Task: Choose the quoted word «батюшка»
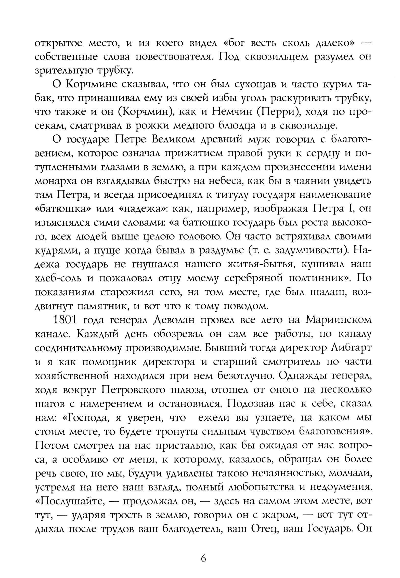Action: point(62,209)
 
